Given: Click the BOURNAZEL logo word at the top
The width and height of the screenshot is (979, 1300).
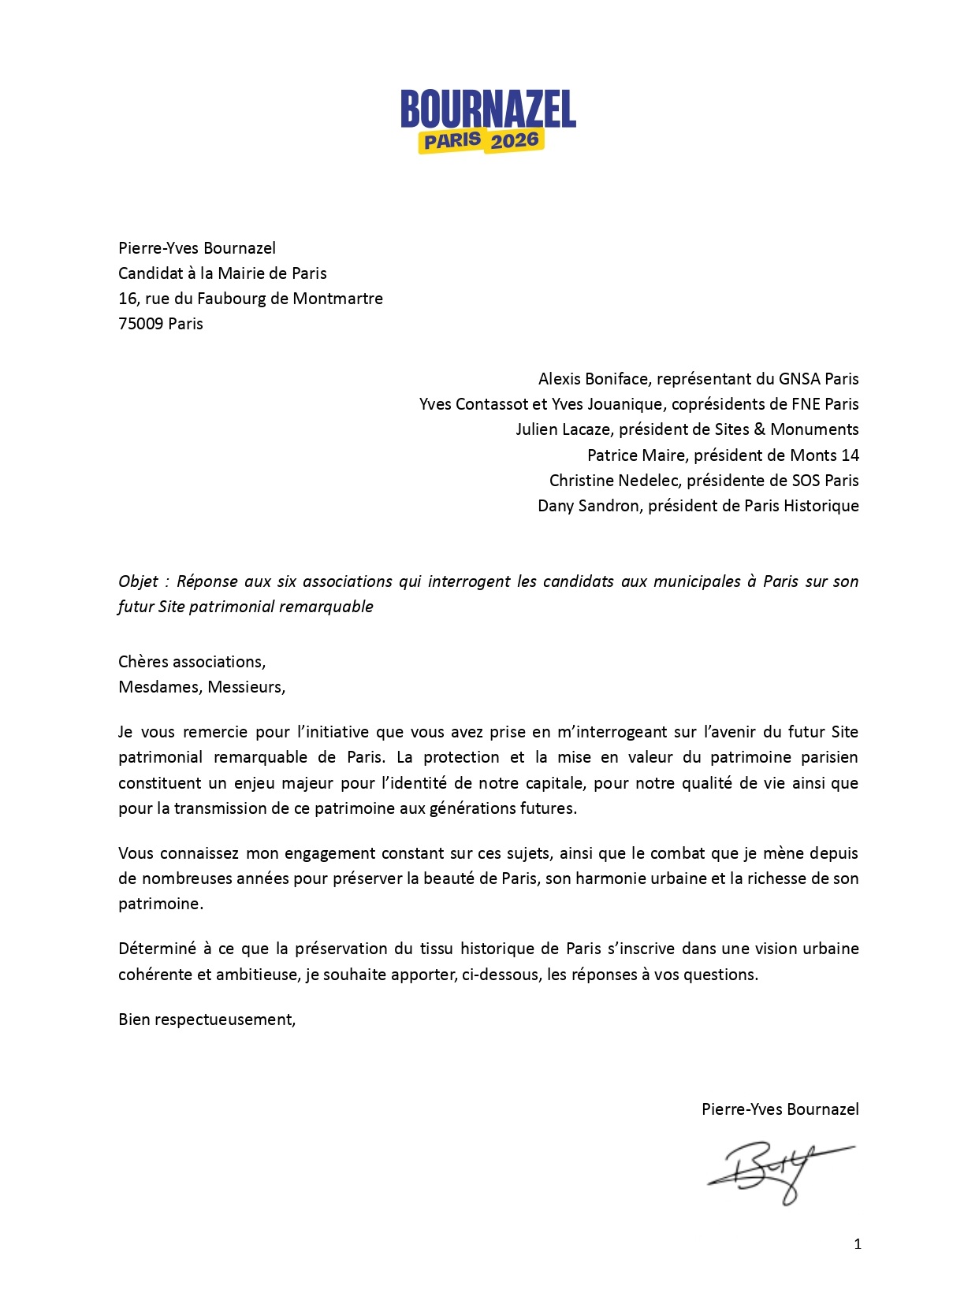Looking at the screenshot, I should pos(488,109).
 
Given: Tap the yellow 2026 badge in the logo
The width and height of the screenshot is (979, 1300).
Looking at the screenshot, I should pos(515,141).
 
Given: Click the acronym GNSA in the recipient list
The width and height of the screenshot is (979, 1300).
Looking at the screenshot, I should pos(799,379).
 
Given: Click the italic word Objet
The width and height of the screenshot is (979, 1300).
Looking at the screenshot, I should pos(139,581).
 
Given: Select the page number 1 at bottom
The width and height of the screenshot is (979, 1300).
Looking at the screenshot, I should pos(858,1244).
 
